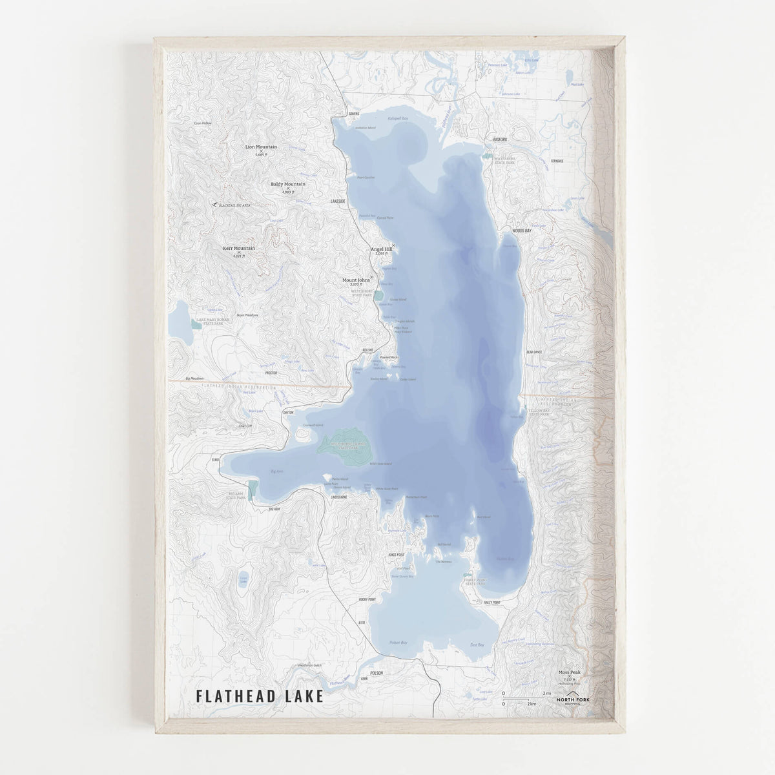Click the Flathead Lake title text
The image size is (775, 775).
click(x=260, y=696)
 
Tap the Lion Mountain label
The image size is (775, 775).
click(x=261, y=147)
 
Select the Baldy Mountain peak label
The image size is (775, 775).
click(x=288, y=184)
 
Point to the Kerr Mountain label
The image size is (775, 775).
click(x=239, y=249)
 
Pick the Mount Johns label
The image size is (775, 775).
click(x=356, y=280)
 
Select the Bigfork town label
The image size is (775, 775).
click(x=501, y=139)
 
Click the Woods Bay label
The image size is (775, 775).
click(x=522, y=231)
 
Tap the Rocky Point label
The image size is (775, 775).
click(x=367, y=599)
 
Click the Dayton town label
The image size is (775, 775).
click(x=288, y=412)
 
